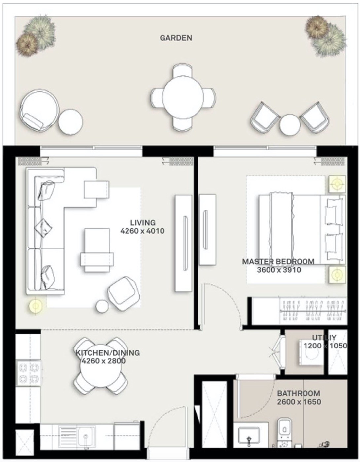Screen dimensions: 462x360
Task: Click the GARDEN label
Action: coord(176,38)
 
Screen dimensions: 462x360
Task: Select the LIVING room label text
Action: coord(143,223)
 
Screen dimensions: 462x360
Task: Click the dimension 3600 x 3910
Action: coord(279,270)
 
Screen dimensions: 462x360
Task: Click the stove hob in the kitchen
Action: coord(29,373)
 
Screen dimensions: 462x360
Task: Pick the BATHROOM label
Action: coord(299,393)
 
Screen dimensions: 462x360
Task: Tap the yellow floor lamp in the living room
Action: coord(36,306)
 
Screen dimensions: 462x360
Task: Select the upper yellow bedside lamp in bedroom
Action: coord(337,184)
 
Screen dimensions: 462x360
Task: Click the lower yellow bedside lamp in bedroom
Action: coord(337,275)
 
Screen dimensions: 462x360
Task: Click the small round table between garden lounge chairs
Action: coord(290,125)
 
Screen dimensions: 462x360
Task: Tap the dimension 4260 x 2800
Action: coord(103,361)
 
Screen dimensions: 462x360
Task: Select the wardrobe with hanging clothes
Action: coord(312,311)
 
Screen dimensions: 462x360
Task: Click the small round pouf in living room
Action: coord(102,306)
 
